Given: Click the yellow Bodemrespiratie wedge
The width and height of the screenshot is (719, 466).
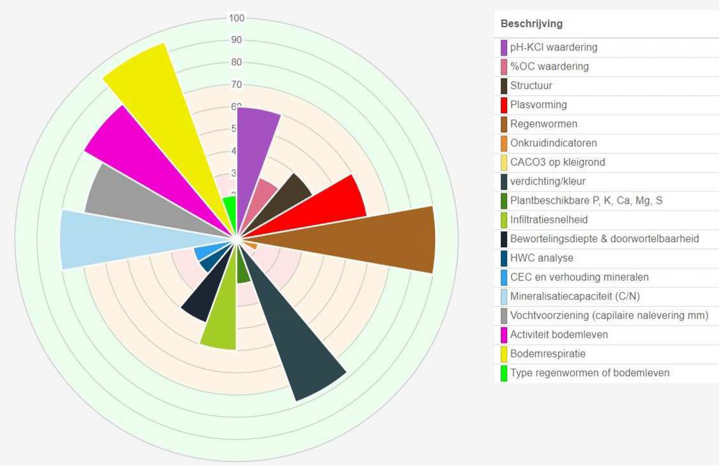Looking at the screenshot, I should pos(157,100).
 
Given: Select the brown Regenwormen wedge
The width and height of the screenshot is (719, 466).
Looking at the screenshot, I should pos(363,239).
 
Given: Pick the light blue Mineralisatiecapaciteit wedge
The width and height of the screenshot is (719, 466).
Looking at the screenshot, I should pos(121,239).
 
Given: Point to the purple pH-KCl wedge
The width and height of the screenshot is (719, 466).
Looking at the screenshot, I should pos(254,151).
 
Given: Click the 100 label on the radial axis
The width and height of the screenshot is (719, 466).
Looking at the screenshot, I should pos(236,18).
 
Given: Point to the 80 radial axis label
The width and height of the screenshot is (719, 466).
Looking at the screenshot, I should pos(236,62).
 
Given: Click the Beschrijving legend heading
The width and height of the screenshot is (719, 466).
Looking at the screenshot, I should pos(531,24).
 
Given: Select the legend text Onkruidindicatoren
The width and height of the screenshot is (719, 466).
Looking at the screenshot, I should pos(554,143).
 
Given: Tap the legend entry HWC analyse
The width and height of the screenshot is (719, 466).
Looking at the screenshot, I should pos(541,258).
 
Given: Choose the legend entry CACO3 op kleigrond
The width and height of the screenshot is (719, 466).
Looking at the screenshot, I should pos(558,162).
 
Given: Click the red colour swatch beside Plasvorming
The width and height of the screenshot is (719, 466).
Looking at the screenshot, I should pos(504,105).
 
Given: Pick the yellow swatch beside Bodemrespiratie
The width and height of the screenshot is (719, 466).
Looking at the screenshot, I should pos(504,354).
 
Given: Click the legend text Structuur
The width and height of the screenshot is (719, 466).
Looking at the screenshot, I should pos(531,85).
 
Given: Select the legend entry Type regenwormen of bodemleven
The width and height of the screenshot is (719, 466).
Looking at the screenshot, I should pos(590,373).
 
